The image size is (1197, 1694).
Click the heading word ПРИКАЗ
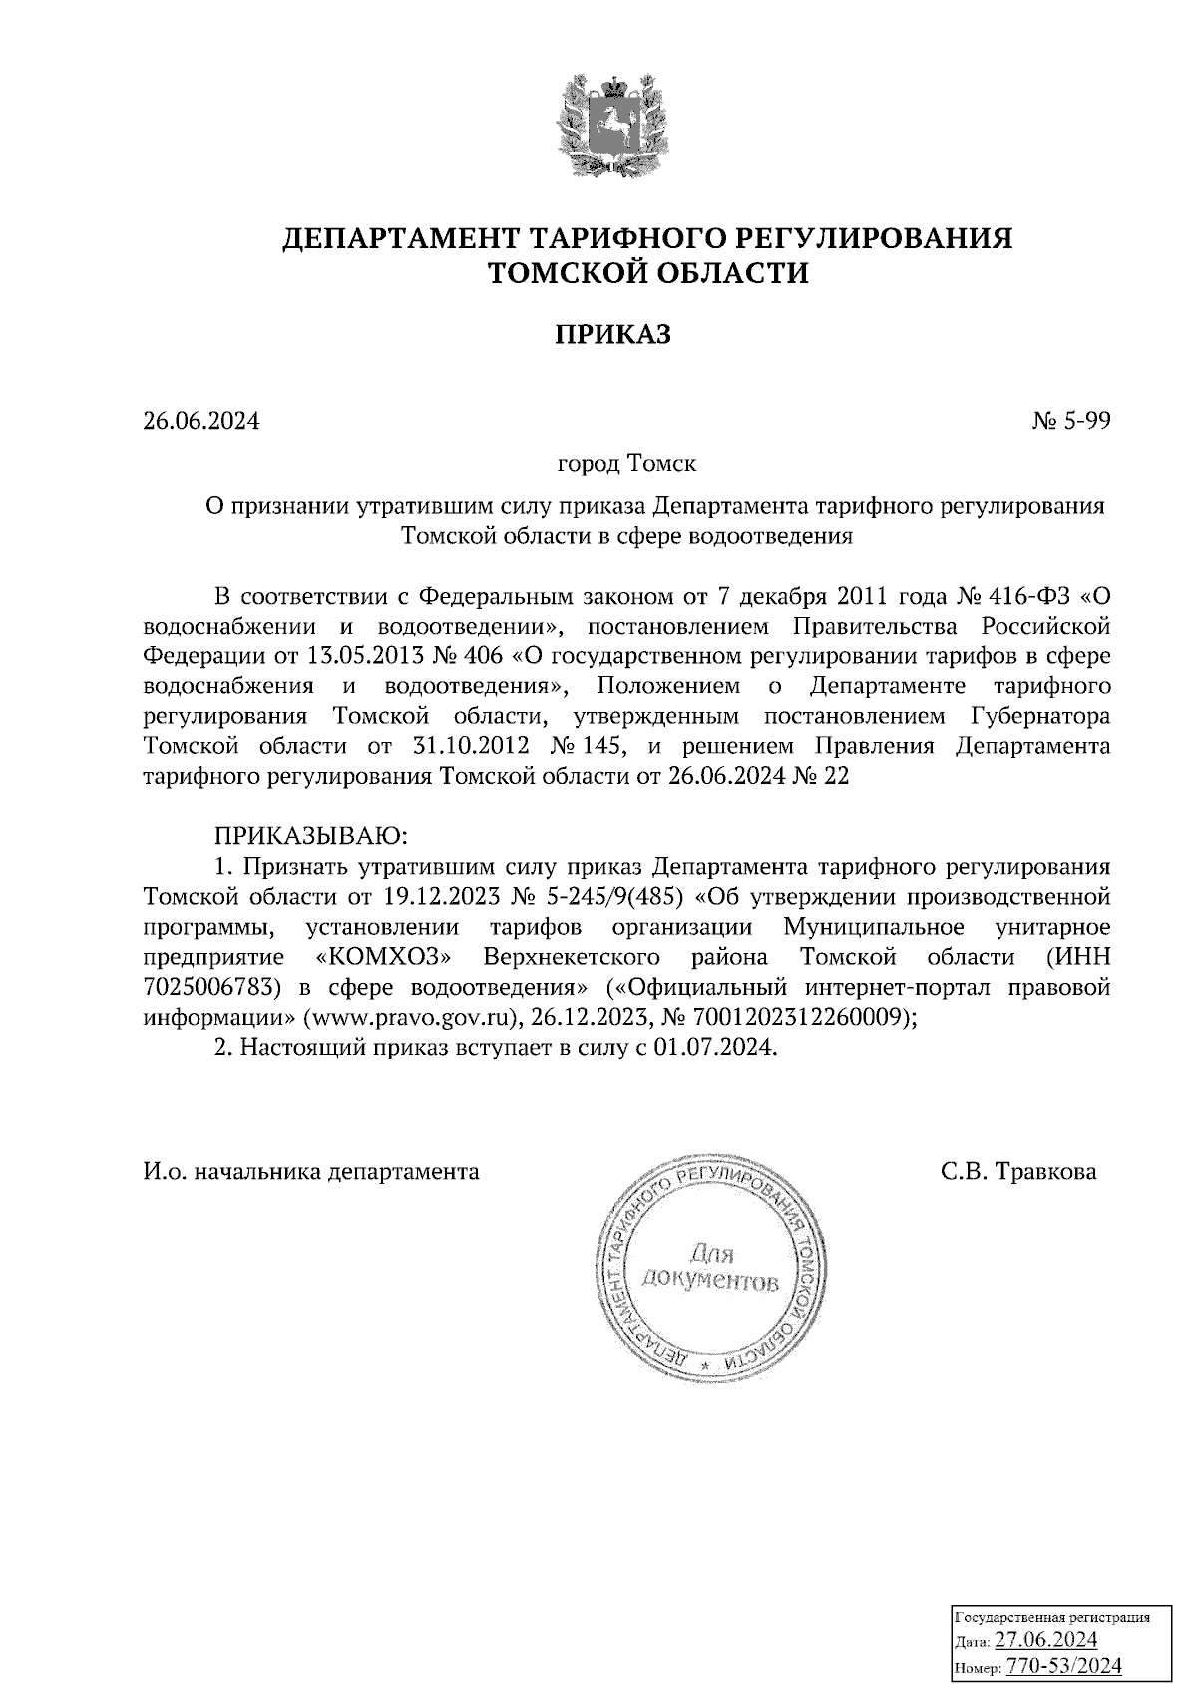coord(612,335)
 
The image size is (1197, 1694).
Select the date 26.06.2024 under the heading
coord(200,421)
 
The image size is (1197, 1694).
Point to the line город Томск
coord(626,464)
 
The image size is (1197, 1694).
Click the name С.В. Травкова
coord(1017,1171)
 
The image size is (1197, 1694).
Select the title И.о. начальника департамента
coord(311,1171)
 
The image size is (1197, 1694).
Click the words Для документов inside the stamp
coord(710,1267)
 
